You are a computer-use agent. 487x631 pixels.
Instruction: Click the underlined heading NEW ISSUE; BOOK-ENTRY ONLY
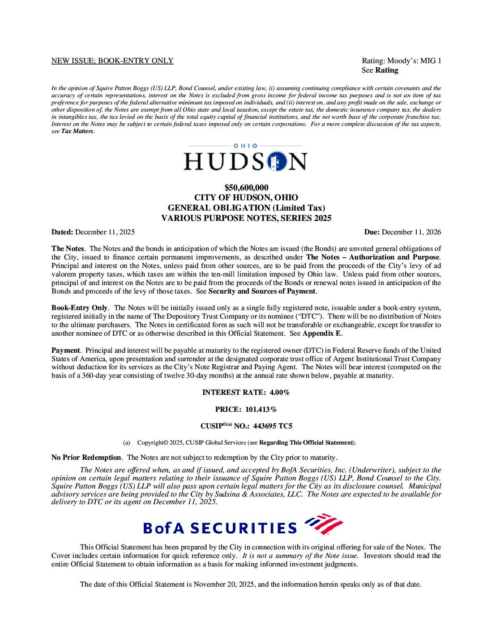[x=112, y=61]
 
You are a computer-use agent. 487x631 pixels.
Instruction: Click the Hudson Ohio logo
[x=245, y=157]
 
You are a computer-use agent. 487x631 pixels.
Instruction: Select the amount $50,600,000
[x=246, y=187]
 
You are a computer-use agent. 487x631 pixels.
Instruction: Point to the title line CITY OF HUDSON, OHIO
[x=246, y=198]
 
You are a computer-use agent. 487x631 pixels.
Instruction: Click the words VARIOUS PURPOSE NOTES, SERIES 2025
[x=246, y=218]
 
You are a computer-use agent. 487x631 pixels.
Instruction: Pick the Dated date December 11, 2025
[x=105, y=232]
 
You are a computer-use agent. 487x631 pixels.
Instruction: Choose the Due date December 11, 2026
[x=411, y=232]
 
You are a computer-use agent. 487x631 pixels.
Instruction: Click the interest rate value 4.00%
[x=279, y=392]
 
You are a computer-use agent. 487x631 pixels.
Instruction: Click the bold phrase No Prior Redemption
[x=86, y=458]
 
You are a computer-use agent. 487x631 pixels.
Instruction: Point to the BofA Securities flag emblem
[x=324, y=524]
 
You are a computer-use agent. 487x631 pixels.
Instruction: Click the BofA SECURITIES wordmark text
[x=220, y=528]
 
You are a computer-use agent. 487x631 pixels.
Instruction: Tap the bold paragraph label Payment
[x=65, y=350]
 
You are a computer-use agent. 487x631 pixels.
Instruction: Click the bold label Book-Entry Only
[x=79, y=307]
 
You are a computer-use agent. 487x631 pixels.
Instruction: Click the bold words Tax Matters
[x=77, y=131]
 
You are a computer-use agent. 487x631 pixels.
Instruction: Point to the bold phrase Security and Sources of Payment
[x=262, y=291]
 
